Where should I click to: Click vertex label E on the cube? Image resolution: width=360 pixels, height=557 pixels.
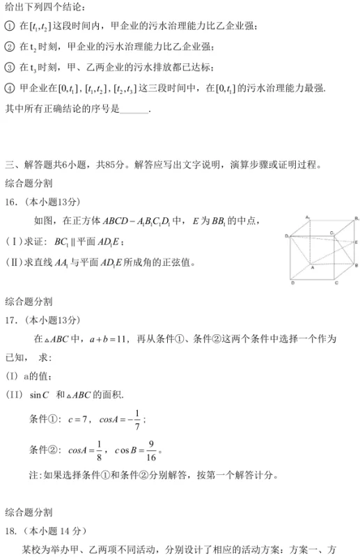tap(356, 242)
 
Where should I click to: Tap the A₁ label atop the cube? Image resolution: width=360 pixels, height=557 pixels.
tap(306, 217)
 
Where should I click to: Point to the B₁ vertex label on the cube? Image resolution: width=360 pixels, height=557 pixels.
tap(356, 219)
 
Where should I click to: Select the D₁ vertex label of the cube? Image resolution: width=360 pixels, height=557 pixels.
tap(286, 237)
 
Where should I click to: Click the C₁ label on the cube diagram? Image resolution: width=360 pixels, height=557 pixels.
tap(332, 233)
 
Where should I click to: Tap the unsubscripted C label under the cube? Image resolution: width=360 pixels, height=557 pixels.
tap(336, 283)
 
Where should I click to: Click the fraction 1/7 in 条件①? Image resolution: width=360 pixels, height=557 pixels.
tap(138, 420)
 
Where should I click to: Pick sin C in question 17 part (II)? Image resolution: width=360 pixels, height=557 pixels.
tap(40, 395)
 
